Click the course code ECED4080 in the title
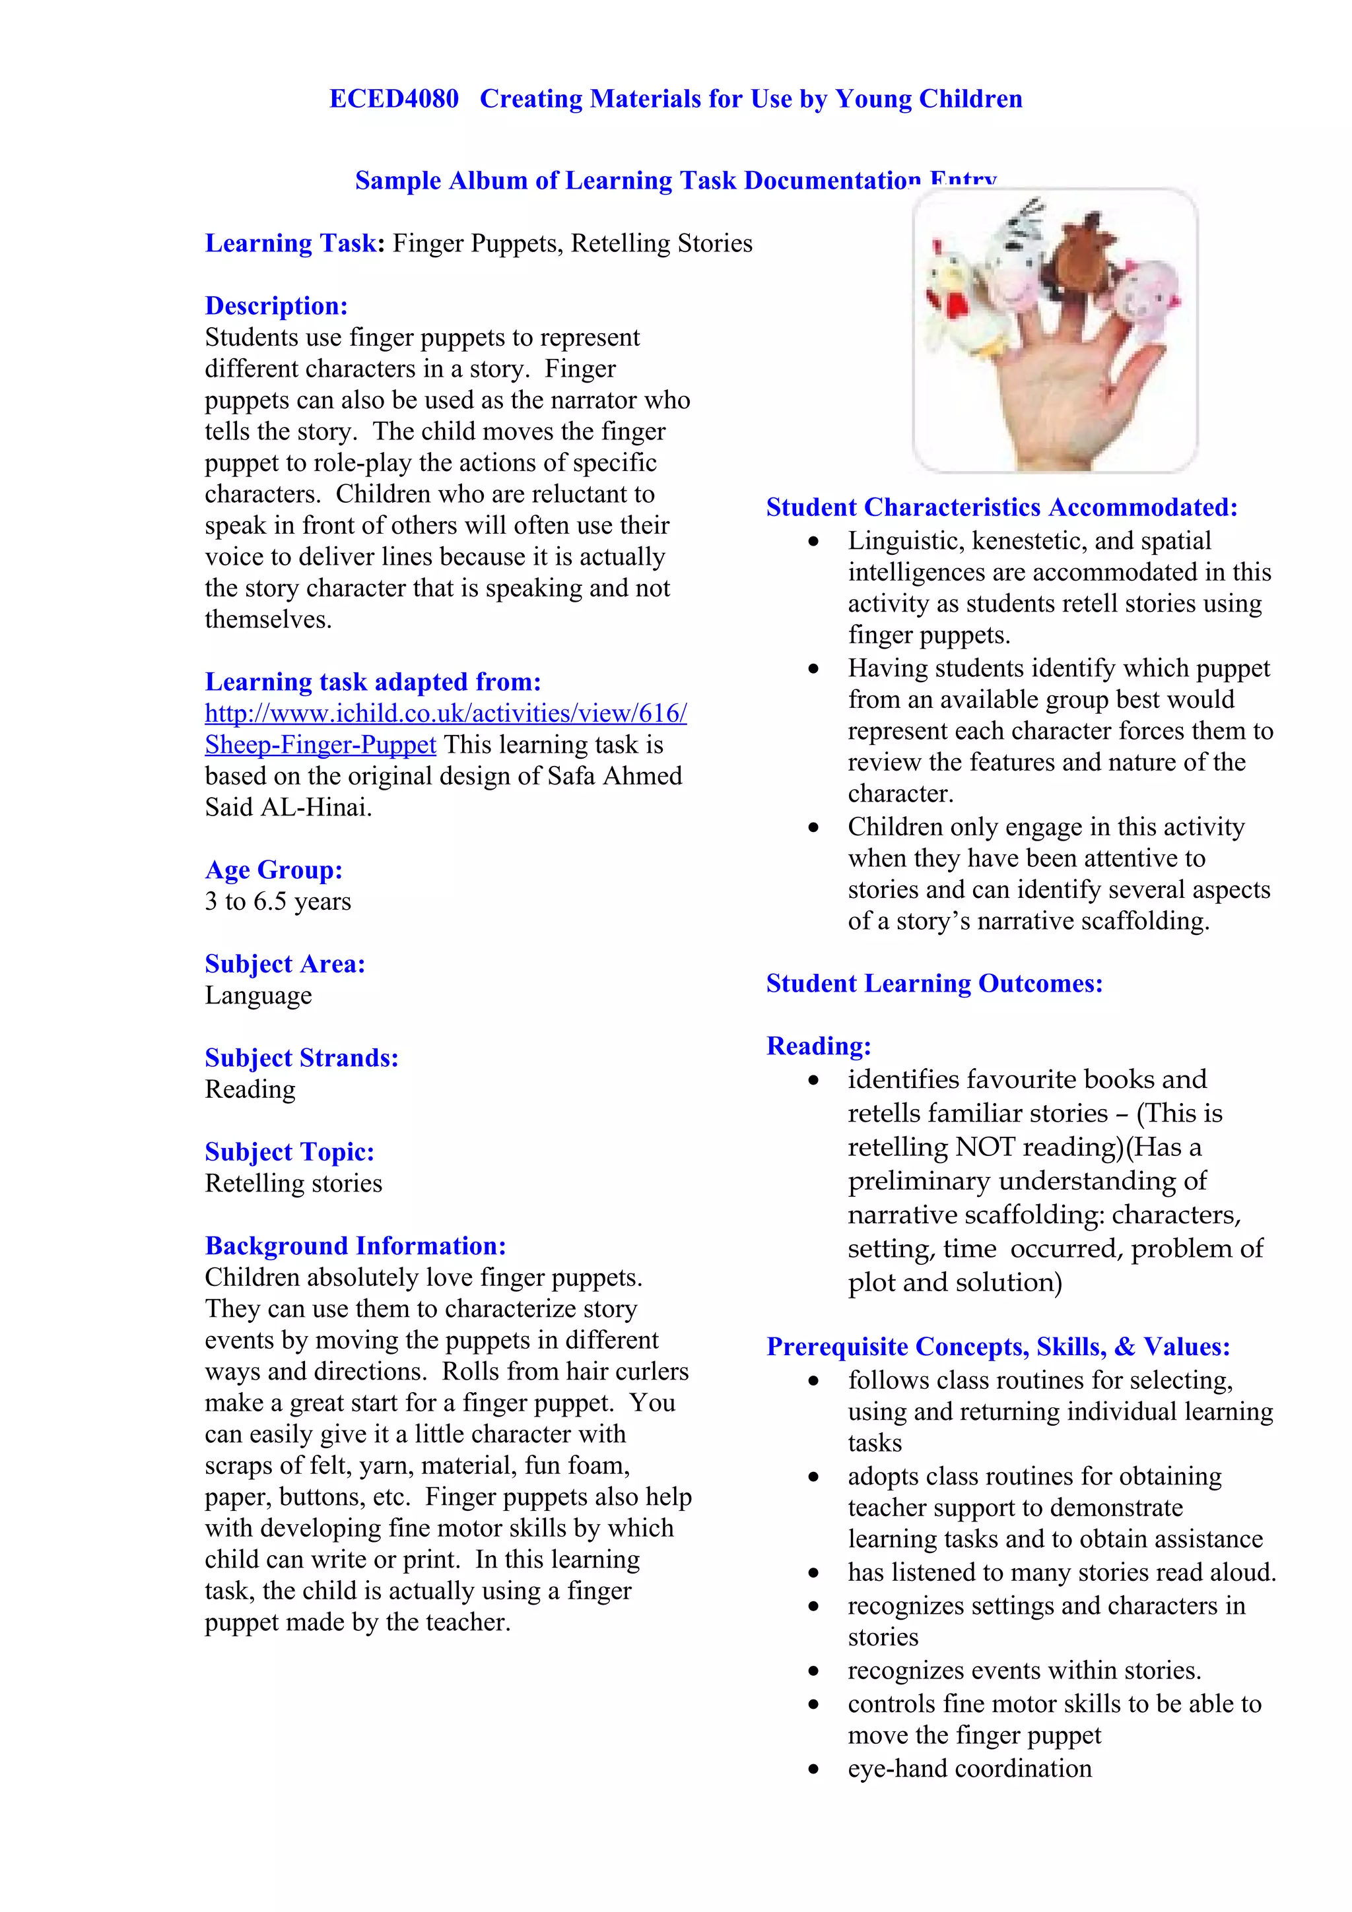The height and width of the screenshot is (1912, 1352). [x=393, y=99]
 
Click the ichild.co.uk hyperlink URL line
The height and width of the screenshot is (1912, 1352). [x=446, y=714]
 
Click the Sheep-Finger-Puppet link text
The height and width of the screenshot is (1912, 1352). [x=320, y=746]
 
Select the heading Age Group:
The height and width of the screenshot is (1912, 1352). [x=273, y=870]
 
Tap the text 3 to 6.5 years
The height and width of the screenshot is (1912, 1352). [x=277, y=902]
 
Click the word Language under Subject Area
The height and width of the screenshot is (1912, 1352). [x=258, y=996]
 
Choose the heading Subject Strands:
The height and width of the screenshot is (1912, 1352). [x=302, y=1058]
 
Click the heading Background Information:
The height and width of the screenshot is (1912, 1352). [x=355, y=1247]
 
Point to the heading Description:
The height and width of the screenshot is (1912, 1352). [x=276, y=306]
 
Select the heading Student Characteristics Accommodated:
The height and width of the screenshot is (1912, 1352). [x=1001, y=508]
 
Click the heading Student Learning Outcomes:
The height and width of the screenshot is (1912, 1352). [x=934, y=984]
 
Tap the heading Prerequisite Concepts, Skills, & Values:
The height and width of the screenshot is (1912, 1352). [x=998, y=1347]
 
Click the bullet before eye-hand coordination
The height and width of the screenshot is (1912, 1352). [x=813, y=1769]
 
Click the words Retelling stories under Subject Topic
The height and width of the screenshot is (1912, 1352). [x=293, y=1184]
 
